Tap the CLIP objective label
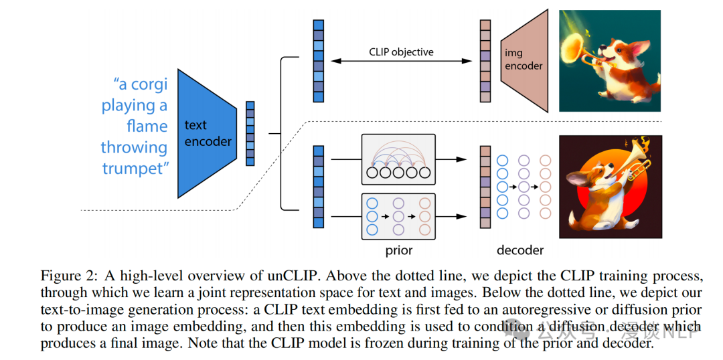[401, 52]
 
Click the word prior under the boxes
[398, 251]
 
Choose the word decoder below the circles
[520, 251]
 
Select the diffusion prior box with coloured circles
[398, 216]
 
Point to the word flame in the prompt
[147, 126]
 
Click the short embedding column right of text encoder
[250, 133]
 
